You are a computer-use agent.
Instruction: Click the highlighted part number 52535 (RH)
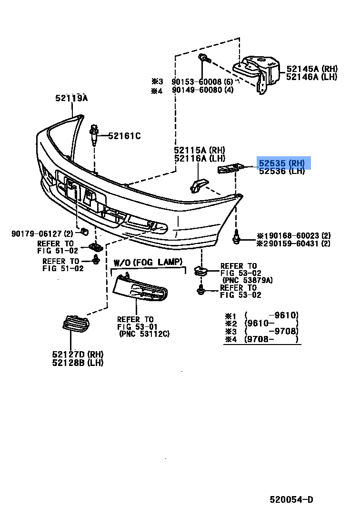[x=281, y=163]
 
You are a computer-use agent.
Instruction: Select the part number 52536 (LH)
[x=281, y=171]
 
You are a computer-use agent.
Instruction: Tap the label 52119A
[x=71, y=98]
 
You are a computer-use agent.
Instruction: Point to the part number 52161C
[x=124, y=136]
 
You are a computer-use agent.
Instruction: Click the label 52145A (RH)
[x=311, y=69]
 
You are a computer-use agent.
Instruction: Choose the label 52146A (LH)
[x=311, y=77]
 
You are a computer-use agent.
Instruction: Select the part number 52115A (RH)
[x=199, y=151]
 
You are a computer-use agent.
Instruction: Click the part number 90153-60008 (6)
[x=202, y=81]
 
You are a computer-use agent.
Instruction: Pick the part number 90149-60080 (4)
[x=202, y=90]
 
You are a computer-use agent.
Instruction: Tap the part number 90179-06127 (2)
[x=42, y=234]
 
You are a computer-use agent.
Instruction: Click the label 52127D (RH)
[x=78, y=355]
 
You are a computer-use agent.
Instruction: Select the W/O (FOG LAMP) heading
[x=148, y=262]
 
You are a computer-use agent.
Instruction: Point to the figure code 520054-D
[x=291, y=499]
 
